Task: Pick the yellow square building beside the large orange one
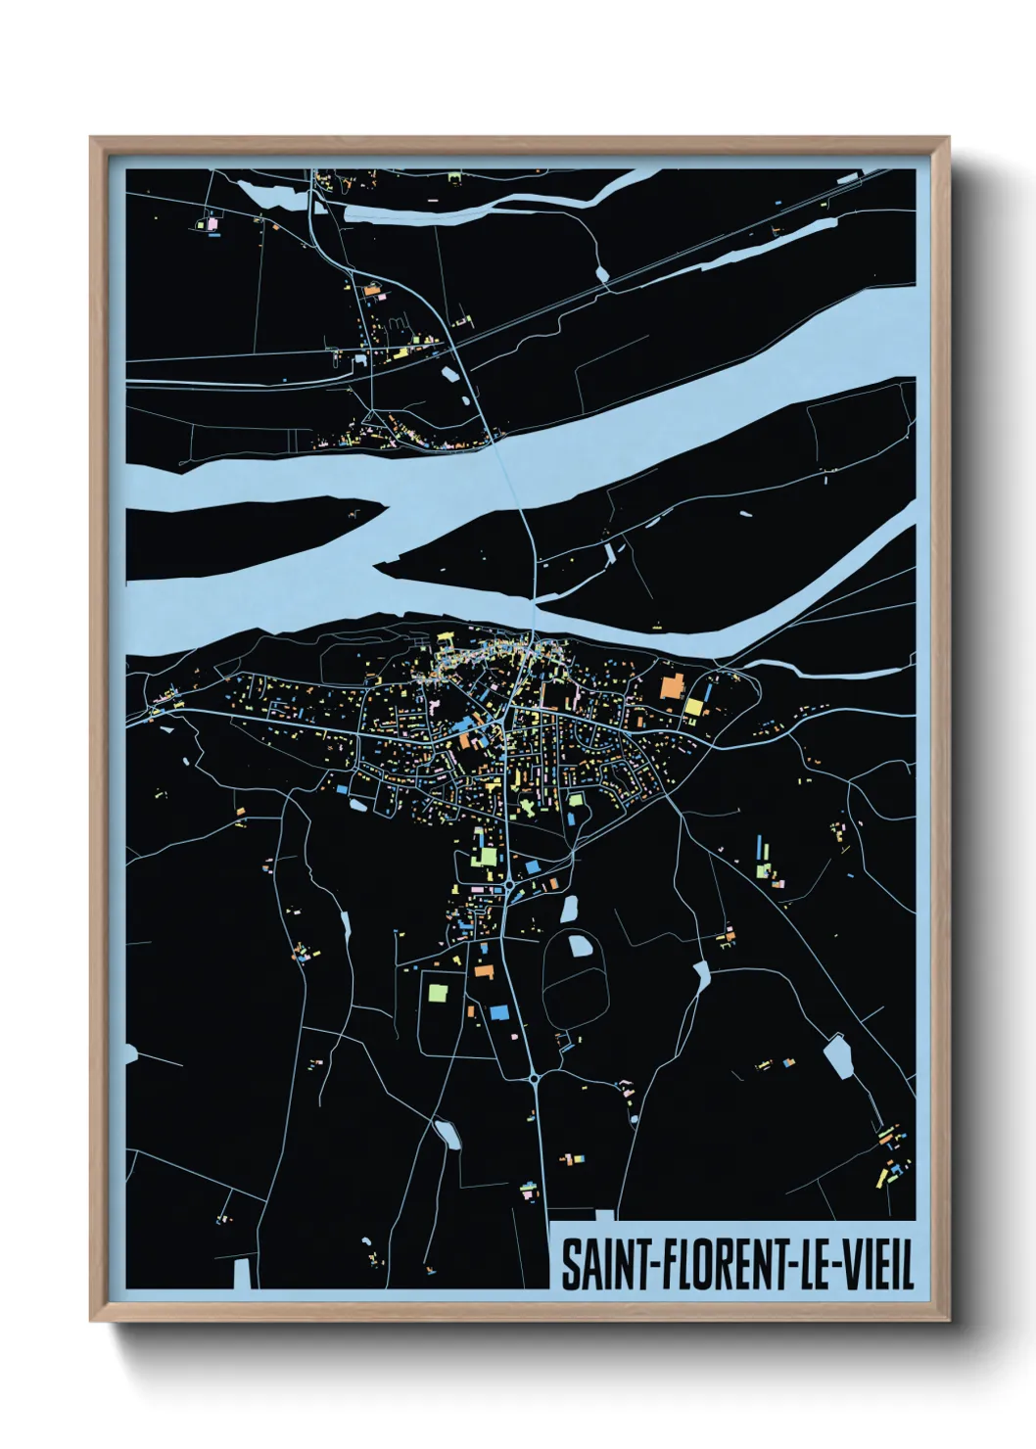click(x=693, y=707)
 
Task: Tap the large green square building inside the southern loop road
click(x=437, y=991)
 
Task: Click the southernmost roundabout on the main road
click(x=534, y=1078)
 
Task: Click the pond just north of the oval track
click(x=568, y=909)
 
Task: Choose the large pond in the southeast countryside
click(x=838, y=1057)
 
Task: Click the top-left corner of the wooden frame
click(x=92, y=139)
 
